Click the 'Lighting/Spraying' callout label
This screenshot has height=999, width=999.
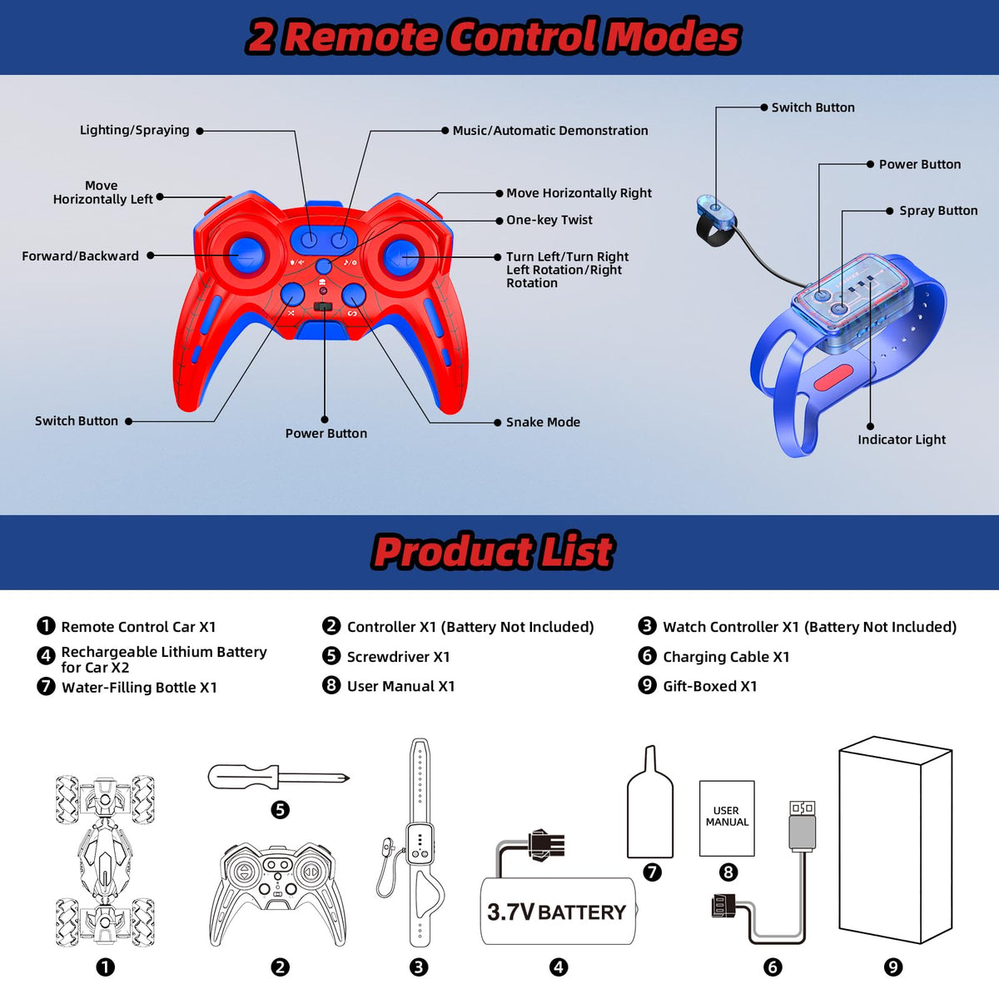pos(134,130)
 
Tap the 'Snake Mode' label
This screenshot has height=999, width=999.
pos(543,422)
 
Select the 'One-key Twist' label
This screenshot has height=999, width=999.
pos(549,220)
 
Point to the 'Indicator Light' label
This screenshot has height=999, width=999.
pos(902,440)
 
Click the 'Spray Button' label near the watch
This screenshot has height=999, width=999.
pos(938,211)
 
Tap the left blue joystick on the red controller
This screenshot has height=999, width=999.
pos(246,255)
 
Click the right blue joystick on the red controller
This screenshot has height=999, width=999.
pos(401,256)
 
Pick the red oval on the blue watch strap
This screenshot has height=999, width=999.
pos(833,377)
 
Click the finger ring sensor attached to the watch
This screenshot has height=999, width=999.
pos(716,219)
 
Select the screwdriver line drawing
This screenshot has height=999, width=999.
pos(278,777)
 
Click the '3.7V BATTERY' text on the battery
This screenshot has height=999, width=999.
pos(556,913)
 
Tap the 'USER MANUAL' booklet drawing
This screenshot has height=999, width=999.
pos(727,818)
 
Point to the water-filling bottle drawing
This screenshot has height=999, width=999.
pos(650,803)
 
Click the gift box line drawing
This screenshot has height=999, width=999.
pos(895,840)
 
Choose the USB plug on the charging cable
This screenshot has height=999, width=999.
pos(802,827)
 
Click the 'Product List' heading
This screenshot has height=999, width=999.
pos(494,552)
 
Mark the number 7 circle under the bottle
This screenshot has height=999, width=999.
pos(652,872)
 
